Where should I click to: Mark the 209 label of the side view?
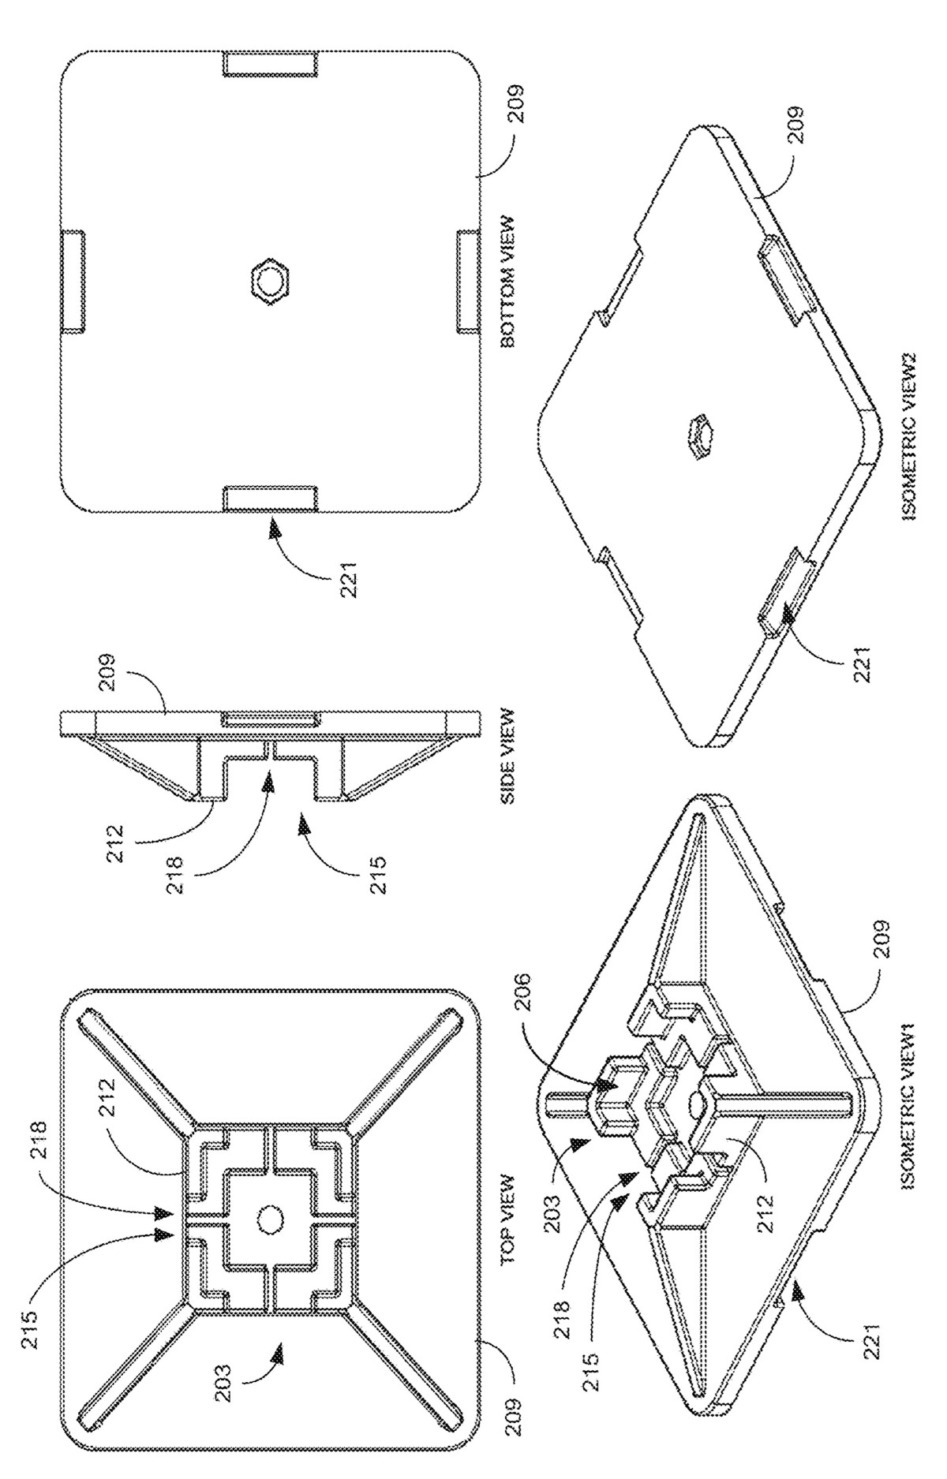coord(109,653)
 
